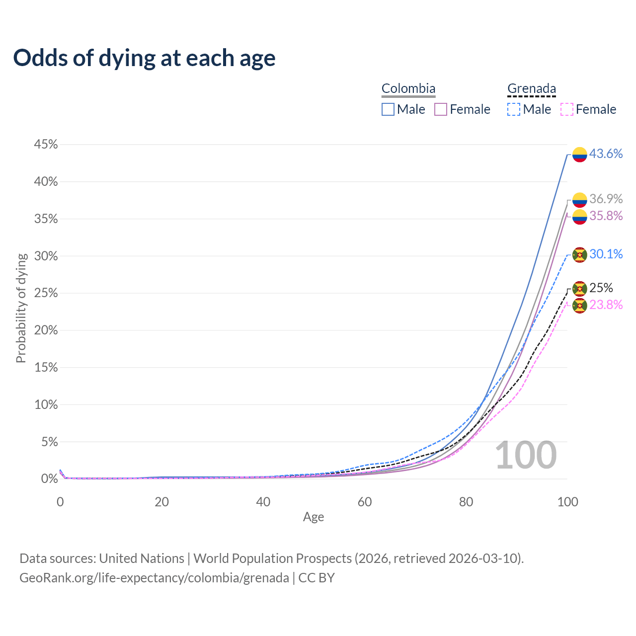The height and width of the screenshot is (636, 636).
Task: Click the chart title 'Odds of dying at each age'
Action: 144,58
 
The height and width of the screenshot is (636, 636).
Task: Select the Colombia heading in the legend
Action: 408,89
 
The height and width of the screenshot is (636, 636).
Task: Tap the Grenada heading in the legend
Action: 532,89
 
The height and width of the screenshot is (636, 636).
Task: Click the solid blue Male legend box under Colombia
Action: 388,109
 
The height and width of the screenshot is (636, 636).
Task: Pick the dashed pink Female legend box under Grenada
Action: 567,109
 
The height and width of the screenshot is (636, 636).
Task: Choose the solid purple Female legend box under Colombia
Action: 441,109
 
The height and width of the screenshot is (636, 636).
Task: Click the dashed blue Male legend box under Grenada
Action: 514,109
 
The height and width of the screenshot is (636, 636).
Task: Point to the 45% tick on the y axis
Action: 46,145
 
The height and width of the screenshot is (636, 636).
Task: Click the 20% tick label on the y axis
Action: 46,330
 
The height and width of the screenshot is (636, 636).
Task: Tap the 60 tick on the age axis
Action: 365,502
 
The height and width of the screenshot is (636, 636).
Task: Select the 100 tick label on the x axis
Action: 567,502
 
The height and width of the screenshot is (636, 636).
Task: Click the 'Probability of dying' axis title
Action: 21,308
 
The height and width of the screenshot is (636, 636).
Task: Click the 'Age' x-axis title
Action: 314,517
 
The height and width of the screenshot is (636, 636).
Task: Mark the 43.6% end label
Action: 606,154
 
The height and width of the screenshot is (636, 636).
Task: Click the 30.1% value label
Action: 606,254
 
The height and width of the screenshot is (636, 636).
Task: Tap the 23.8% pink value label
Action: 606,305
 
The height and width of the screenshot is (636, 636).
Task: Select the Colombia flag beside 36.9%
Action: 580,200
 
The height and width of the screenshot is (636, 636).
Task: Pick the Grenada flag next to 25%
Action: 580,289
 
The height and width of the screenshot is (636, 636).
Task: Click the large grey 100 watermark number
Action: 526,455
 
